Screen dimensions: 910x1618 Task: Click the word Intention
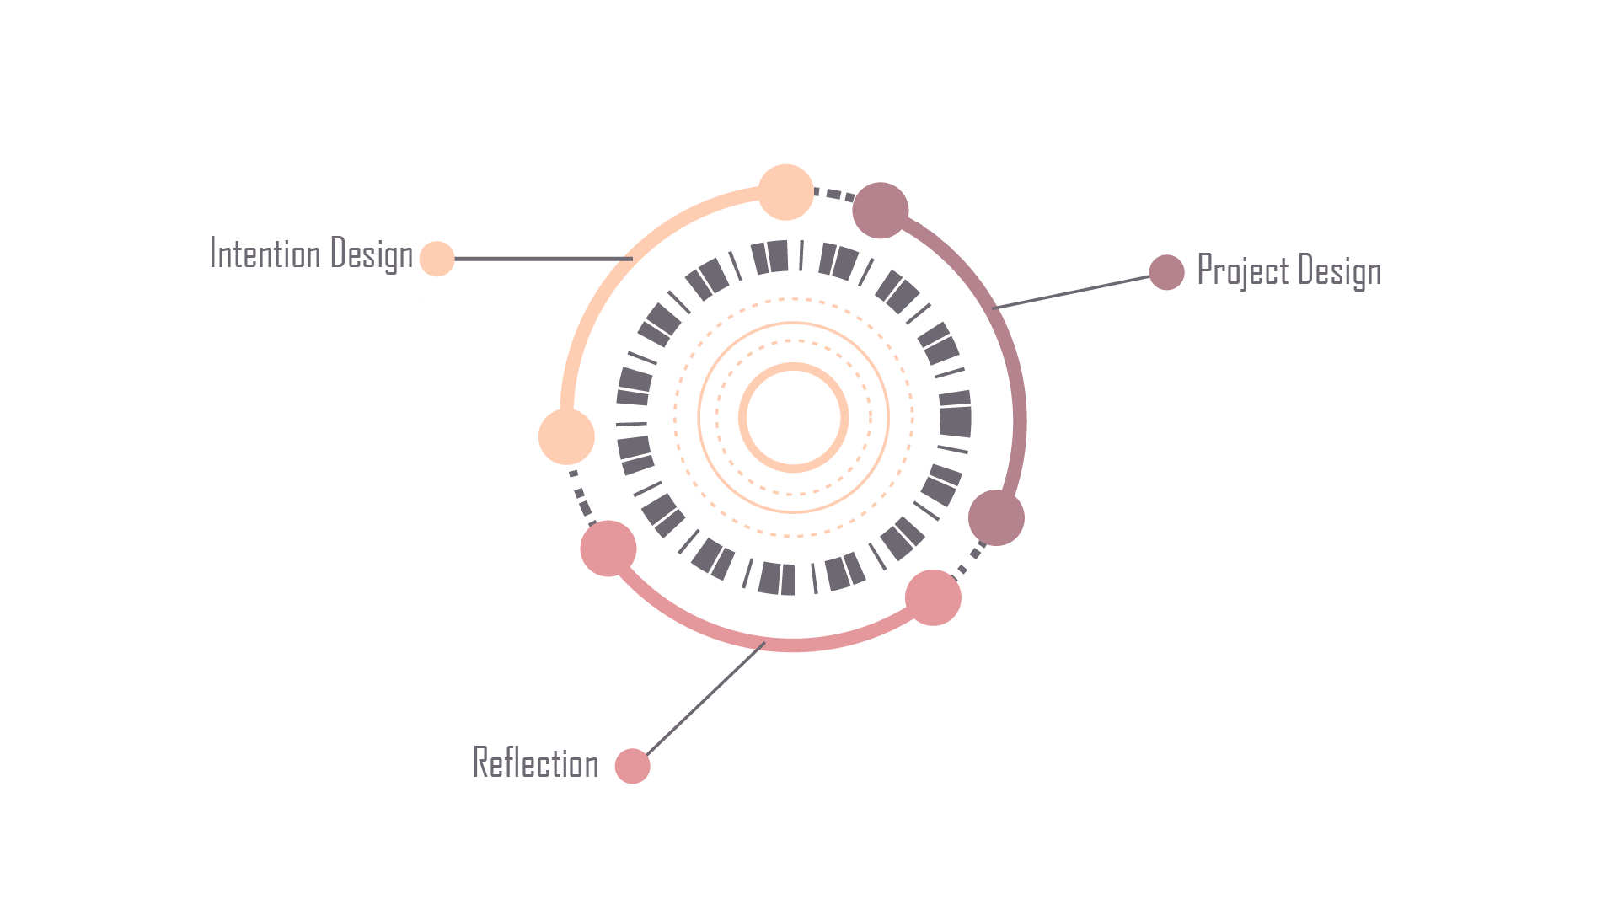pos(265,254)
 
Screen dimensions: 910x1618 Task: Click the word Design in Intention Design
pos(372,254)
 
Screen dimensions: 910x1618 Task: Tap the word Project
pos(1243,271)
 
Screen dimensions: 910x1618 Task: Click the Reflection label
pos(535,763)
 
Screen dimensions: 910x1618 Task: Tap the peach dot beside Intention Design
pos(437,259)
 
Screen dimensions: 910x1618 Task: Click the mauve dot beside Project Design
pos(1166,272)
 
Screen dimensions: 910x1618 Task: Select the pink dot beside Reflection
pos(632,766)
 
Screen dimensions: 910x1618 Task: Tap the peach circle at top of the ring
pos(785,192)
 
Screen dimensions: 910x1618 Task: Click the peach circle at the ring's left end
pos(566,436)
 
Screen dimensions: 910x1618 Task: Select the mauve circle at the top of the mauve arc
pos(880,211)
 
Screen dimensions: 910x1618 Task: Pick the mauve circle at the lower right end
pos(996,517)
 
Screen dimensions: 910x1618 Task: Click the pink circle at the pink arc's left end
pos(608,549)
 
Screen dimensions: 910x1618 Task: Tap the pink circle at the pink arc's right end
pos(933,597)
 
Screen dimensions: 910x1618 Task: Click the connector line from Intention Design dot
pos(539,259)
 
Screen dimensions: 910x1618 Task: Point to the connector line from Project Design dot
pos(1070,292)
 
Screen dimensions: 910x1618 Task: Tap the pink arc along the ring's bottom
pos(792,645)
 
